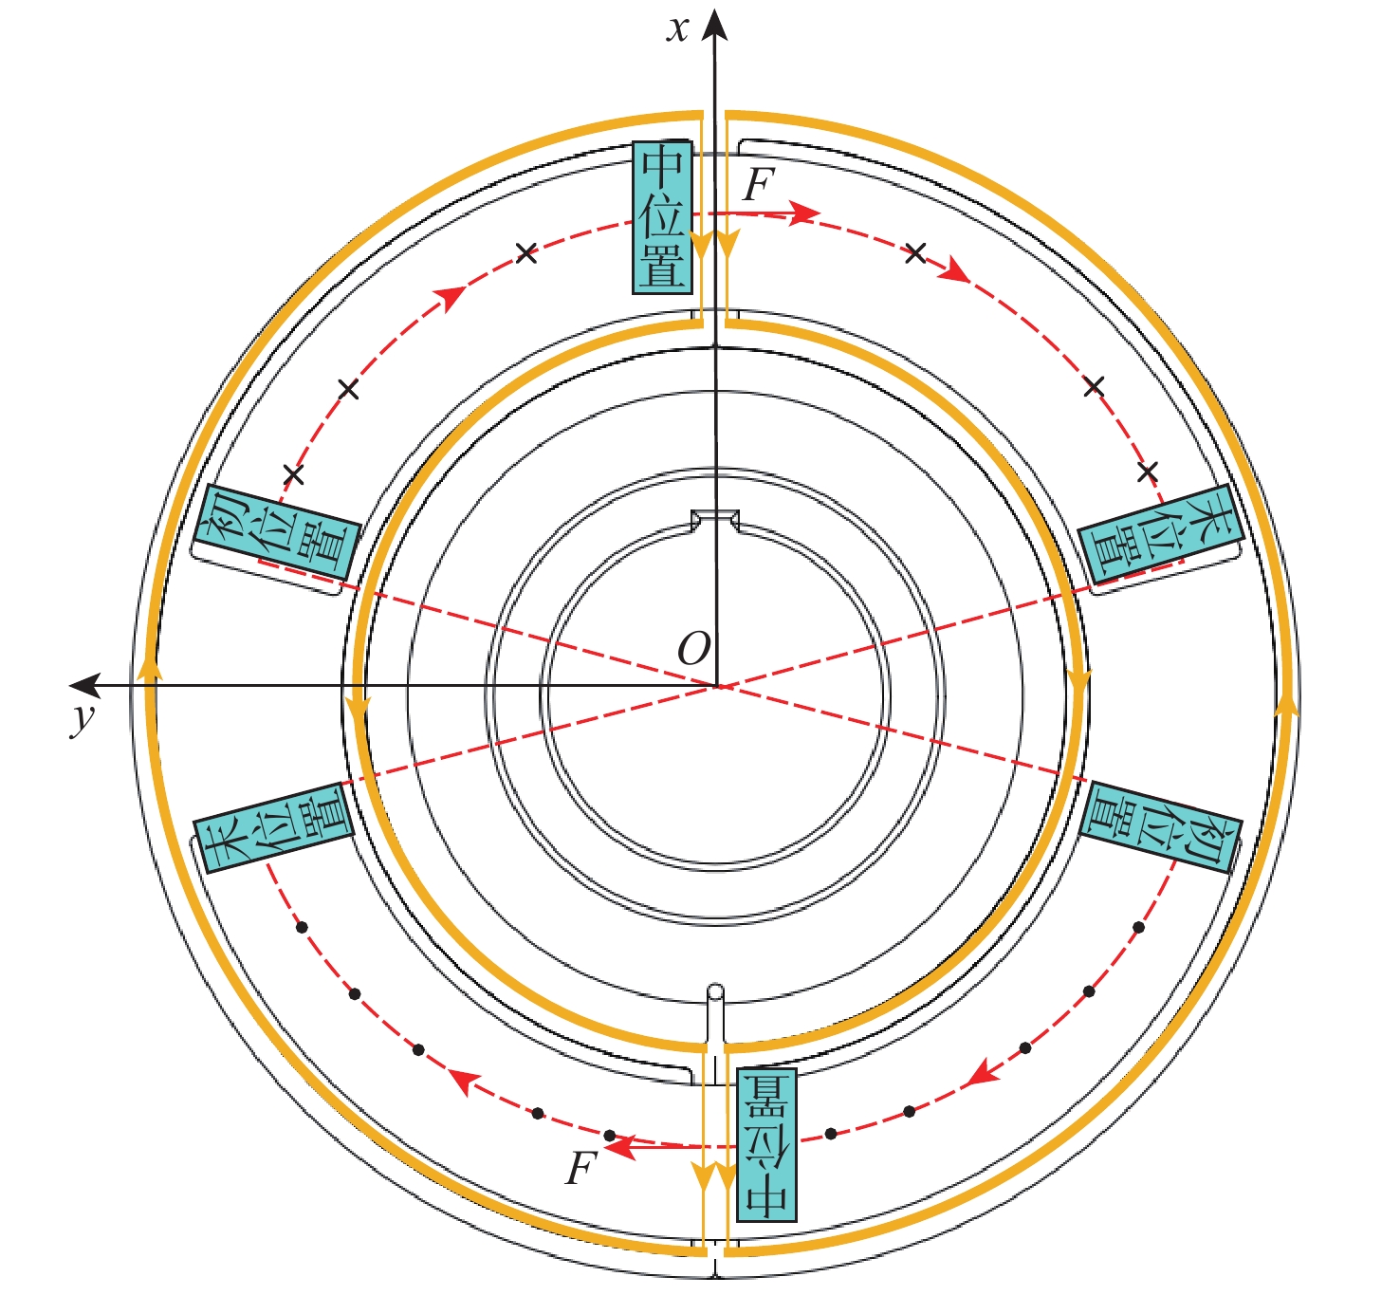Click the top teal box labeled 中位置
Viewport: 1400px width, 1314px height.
coord(662,217)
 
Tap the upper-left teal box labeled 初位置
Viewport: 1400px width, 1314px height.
coord(276,532)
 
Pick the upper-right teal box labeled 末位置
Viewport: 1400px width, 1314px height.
coord(1161,534)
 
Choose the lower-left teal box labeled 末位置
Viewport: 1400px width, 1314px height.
coord(273,827)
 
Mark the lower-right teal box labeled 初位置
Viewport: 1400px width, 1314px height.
coord(1160,827)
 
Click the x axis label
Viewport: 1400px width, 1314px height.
coord(677,30)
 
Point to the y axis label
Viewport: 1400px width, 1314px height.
coord(83,719)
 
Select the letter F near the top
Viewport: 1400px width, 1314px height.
coord(759,185)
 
